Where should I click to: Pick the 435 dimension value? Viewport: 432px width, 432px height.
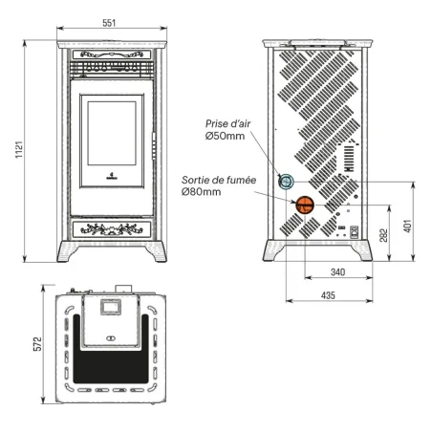(x=328, y=296)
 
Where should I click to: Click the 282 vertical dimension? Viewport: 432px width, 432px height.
(x=383, y=236)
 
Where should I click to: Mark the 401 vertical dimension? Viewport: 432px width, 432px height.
(x=406, y=227)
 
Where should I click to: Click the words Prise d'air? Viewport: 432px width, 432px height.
(x=227, y=123)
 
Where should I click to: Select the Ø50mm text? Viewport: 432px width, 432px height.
(x=225, y=136)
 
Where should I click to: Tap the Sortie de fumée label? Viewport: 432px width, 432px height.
(x=219, y=179)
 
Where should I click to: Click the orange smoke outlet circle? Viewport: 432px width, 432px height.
(x=304, y=202)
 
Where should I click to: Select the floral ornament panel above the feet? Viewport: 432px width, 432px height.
(x=111, y=228)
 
